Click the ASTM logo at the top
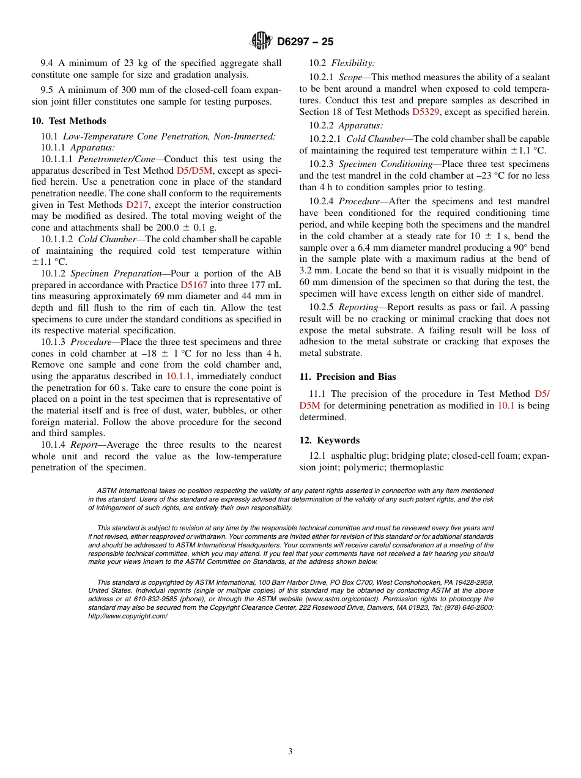pos(261,42)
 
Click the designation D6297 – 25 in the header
pos(305,42)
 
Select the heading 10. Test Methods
pos(68,121)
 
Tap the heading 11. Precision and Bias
pos(347,377)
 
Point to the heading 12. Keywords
pos(329,440)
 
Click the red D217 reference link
pos(137,205)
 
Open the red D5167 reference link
pos(194,285)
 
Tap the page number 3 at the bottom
pos(290,752)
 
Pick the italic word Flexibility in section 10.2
pos(353,63)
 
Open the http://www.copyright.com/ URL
pos(128,616)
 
